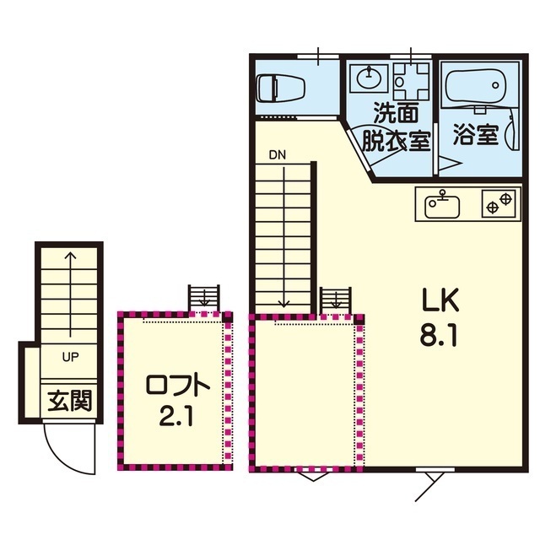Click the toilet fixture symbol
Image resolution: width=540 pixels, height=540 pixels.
(281, 89)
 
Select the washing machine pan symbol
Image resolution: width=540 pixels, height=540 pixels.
(411, 81)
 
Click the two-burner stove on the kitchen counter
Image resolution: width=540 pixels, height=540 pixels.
(499, 203)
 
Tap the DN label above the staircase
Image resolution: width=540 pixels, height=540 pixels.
(278, 155)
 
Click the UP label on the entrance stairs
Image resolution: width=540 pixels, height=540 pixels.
(70, 357)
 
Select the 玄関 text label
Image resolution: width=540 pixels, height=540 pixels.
(70, 402)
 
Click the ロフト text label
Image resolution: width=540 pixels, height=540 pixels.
(178, 385)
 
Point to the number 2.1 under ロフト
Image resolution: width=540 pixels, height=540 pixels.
(176, 416)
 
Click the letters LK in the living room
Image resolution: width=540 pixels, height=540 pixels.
(440, 300)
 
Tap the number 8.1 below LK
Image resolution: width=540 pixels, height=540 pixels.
(439, 335)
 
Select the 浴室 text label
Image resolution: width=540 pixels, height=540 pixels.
(476, 134)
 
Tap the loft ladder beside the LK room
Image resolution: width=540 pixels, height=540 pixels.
(336, 301)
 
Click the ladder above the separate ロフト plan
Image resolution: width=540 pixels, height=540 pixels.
(204, 298)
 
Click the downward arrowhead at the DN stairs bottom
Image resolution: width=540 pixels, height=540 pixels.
(284, 304)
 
